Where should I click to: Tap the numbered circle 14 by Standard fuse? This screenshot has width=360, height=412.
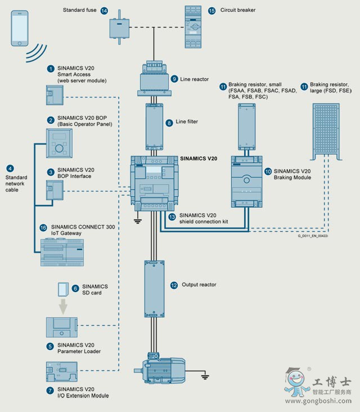pos(104,11)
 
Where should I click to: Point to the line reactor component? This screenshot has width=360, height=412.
pos(154,78)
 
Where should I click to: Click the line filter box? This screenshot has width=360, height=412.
pos(155,126)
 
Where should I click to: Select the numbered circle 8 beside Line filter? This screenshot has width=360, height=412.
pos(169,122)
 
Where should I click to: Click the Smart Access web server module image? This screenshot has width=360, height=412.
pos(55,95)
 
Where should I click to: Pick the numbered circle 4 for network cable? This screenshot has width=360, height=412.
pos(10,168)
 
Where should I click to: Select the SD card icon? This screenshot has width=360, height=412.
pos(65,289)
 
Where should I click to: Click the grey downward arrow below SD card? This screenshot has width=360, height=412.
pos(64,306)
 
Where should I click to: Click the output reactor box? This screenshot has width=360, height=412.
pos(154,288)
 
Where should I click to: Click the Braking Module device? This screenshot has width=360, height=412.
pos(246,182)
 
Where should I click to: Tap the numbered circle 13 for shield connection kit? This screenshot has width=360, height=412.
pos(172,216)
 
